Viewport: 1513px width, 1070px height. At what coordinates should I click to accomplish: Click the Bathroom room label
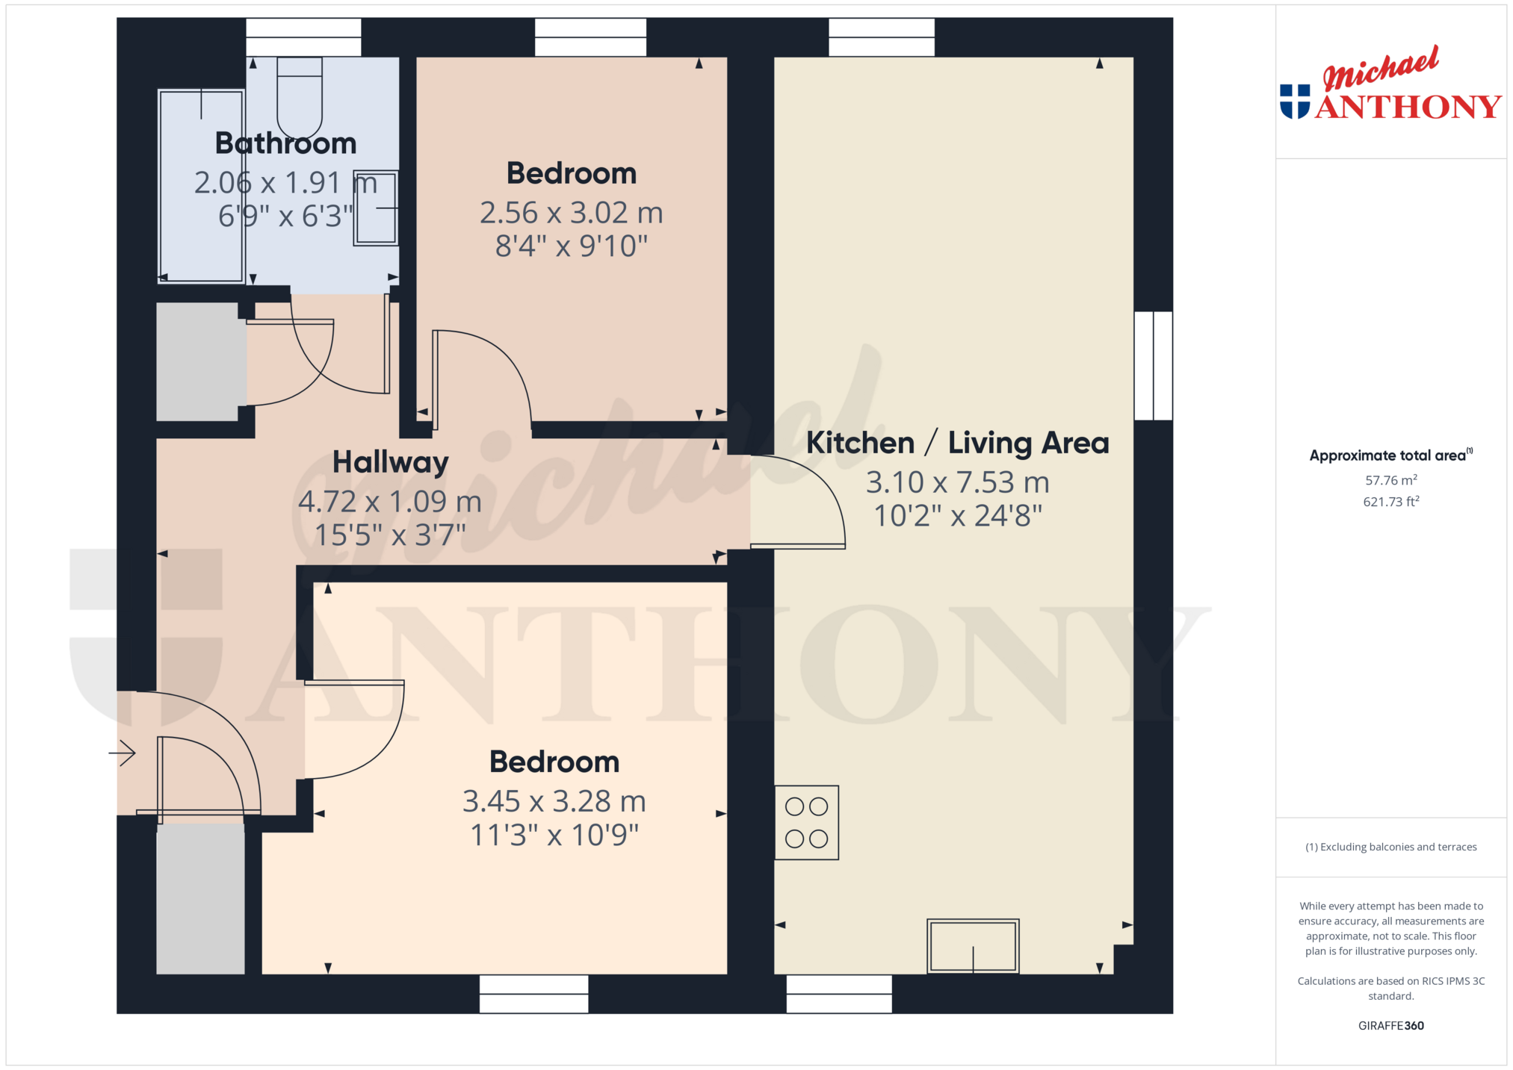pos(286,143)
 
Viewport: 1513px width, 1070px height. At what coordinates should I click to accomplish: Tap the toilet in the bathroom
pos(300,98)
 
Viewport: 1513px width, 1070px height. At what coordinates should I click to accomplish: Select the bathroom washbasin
pos(376,208)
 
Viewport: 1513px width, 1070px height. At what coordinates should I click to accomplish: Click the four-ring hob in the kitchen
pos(806,822)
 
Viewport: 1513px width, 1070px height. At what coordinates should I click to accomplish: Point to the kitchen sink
pos(973,946)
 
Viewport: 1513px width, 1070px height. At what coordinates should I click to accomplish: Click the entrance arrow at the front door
pos(123,753)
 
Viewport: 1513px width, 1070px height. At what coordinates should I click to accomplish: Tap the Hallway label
pos(391,462)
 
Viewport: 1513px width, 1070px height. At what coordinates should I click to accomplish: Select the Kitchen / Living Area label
pos(957,443)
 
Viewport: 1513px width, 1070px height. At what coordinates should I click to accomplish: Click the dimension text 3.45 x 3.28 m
pos(554,801)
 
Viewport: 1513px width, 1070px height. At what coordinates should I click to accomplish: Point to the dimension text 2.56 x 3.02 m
pos(572,213)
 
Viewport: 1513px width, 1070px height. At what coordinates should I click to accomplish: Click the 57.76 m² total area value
pos(1391,480)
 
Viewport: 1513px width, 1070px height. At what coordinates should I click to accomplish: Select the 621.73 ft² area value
pos(1391,502)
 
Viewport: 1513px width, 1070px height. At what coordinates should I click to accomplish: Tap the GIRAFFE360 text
pos(1391,1025)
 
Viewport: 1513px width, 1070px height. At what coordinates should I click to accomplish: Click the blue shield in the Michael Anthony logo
pos(1295,102)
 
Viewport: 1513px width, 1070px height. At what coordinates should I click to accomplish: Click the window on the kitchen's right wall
pos(1154,366)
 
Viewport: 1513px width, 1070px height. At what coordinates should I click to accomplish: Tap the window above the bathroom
pos(304,37)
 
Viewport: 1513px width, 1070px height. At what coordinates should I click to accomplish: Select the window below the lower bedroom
pos(533,994)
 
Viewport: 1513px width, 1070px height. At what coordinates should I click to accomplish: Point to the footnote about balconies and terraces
pos(1391,847)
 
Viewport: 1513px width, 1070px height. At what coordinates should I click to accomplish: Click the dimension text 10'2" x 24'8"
pos(958,516)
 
